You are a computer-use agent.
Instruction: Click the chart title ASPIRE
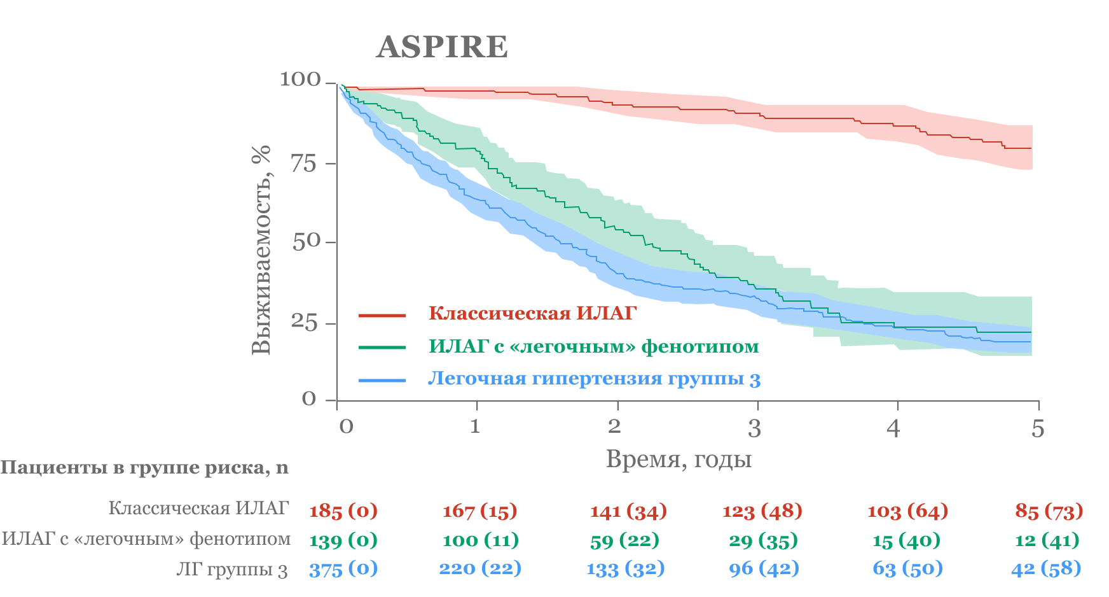point(442,47)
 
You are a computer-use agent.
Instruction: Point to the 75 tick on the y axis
point(304,164)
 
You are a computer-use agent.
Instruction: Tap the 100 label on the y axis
point(300,80)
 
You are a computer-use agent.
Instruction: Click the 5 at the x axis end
point(1038,428)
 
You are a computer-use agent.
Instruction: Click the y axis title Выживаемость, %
point(261,249)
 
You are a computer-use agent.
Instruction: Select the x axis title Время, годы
point(678,459)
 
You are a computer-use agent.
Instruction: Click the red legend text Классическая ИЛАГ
point(532,313)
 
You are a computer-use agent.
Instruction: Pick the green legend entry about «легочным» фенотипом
point(593,346)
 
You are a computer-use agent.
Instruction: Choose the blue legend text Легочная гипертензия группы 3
point(594,379)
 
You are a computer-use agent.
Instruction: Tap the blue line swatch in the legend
point(382,381)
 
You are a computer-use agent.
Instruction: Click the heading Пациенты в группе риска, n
point(144,468)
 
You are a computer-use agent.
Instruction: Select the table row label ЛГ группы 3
point(232,569)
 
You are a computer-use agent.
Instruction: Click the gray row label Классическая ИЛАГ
point(198,508)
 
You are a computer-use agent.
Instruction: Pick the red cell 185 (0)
point(343,510)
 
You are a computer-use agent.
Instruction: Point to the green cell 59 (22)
point(624,540)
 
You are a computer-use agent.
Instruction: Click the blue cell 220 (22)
point(480,568)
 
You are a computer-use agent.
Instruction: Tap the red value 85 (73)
point(1049,510)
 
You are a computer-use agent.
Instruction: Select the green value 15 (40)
point(906,540)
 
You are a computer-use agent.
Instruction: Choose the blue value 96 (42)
point(764,568)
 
